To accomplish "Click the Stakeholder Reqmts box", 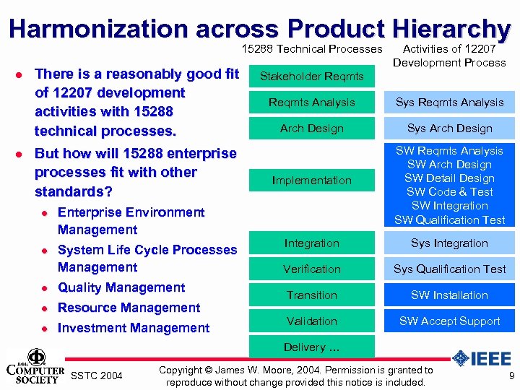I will click(x=311, y=76).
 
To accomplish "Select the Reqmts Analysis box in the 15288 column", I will click(x=311, y=103).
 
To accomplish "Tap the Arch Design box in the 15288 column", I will click(x=311, y=129).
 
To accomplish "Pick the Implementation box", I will click(x=311, y=181).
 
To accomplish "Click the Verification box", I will click(x=311, y=269).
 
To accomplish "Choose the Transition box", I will click(x=311, y=295).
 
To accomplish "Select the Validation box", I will click(x=311, y=321).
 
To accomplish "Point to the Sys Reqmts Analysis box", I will click(x=449, y=103).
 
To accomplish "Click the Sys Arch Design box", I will click(x=449, y=129).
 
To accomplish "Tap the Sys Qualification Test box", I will click(x=449, y=269).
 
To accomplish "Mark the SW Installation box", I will click(x=449, y=295).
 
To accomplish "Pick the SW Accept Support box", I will click(x=449, y=321).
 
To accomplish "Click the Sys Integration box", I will click(x=449, y=243).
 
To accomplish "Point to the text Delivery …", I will click(x=311, y=347).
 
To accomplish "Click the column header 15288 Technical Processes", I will click(x=311, y=49).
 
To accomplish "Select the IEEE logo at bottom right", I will click(x=481, y=359).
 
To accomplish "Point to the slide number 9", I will click(x=511, y=376).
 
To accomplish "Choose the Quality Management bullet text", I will click(x=121, y=287).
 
